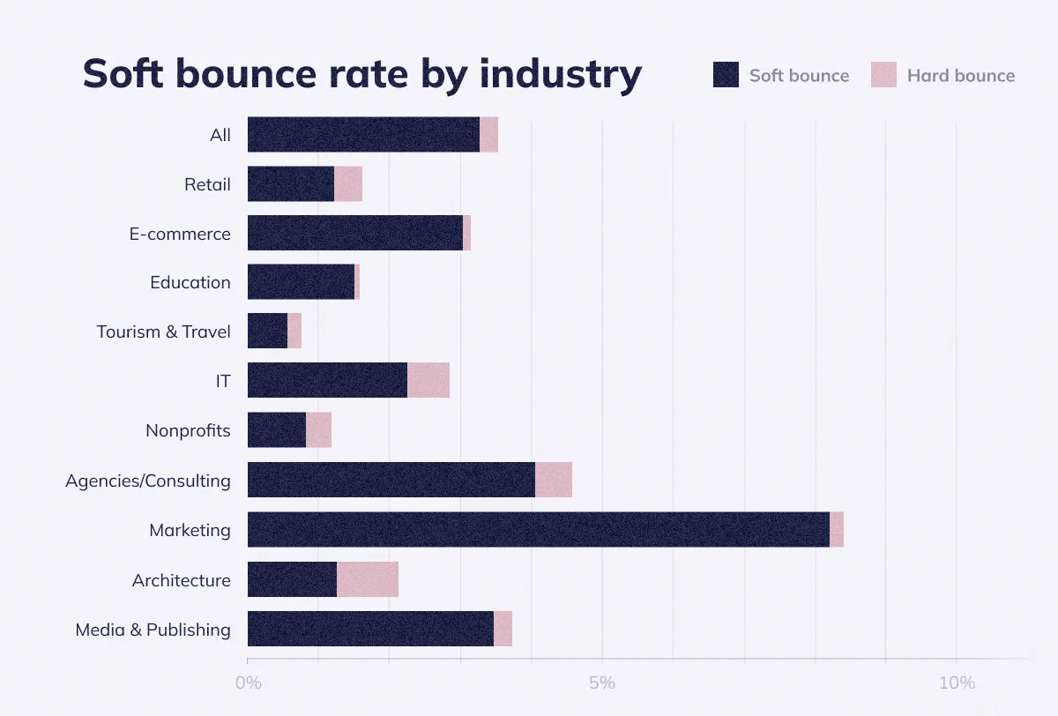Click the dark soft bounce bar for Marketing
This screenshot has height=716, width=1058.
tap(538, 529)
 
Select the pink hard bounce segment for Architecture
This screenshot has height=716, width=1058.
tap(368, 579)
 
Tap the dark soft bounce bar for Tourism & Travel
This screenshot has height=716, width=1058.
tap(267, 331)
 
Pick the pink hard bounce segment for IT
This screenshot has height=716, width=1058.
tap(428, 380)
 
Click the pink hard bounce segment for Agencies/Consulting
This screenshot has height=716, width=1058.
tap(554, 480)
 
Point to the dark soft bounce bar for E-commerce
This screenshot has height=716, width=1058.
tap(354, 233)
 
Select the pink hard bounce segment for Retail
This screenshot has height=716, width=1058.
tap(348, 183)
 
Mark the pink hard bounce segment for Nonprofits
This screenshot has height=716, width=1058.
tap(318, 429)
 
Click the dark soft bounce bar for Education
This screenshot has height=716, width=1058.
tap(301, 282)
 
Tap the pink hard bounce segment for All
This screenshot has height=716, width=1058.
tap(488, 134)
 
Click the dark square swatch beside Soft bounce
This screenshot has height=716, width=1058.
tap(726, 75)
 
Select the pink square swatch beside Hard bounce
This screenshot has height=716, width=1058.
tap(883, 75)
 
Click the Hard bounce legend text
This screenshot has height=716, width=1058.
tap(960, 76)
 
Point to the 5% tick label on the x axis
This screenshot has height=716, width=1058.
tap(602, 683)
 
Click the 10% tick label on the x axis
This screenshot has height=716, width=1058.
tap(957, 683)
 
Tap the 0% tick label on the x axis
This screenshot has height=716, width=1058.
tap(249, 683)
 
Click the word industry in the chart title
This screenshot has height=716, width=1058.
tap(561, 74)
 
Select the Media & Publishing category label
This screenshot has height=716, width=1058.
tap(153, 630)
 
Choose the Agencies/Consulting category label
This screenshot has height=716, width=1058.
tap(147, 481)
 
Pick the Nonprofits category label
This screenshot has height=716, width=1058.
tap(188, 430)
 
